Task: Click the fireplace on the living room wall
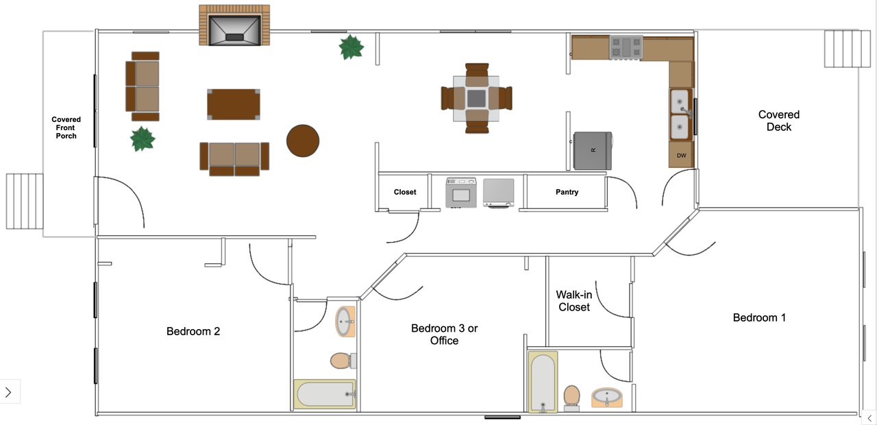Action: point(234,25)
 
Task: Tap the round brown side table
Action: point(303,141)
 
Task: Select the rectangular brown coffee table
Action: point(234,104)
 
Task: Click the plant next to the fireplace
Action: point(351,47)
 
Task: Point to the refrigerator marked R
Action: point(593,150)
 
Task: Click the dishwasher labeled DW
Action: point(681,155)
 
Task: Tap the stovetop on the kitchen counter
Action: point(626,47)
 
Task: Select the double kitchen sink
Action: point(680,114)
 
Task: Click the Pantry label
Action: point(567,192)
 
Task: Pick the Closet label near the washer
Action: point(405,192)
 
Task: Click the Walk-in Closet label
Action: point(574,301)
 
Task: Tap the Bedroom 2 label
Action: point(193,331)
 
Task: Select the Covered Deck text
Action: point(779,121)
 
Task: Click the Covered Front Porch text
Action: point(66,127)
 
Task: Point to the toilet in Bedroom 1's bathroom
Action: point(571,397)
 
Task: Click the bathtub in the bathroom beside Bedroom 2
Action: point(325,393)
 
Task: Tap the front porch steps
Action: point(24,202)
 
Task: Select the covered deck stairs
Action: point(842,49)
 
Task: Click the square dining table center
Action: point(476,98)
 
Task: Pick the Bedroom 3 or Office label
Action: point(445,335)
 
